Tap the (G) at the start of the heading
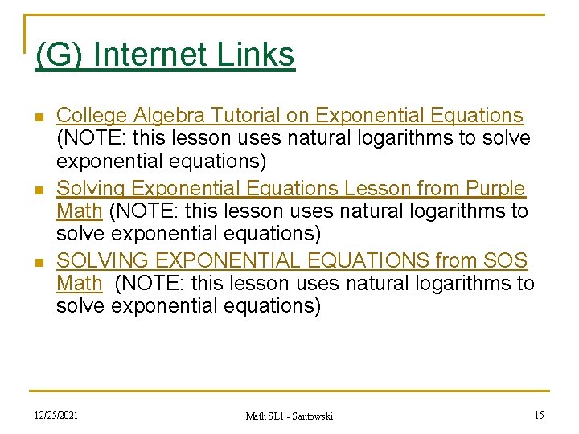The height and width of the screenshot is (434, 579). tap(60, 55)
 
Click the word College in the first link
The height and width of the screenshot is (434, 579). tap(92, 116)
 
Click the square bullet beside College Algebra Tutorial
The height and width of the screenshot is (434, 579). tap(40, 117)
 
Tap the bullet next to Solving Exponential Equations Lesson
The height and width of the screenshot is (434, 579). tap(40, 190)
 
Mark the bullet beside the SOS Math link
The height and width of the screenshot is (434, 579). tap(40, 262)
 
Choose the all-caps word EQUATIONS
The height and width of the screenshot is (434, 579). tap(372, 260)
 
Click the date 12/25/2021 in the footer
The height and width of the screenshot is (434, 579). tap(57, 414)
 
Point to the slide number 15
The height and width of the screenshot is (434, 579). tap(539, 415)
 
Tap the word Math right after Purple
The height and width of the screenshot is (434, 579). tap(80, 212)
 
